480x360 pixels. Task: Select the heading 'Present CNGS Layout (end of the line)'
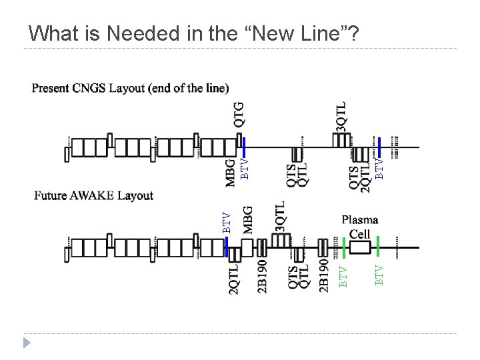131,88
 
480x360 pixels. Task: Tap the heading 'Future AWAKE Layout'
94,195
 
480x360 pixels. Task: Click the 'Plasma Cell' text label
360,227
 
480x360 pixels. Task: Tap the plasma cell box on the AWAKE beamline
359,248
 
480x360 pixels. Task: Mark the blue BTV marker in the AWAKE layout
227,247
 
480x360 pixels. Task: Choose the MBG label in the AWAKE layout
248,219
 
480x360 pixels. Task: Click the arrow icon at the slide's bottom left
27,343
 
